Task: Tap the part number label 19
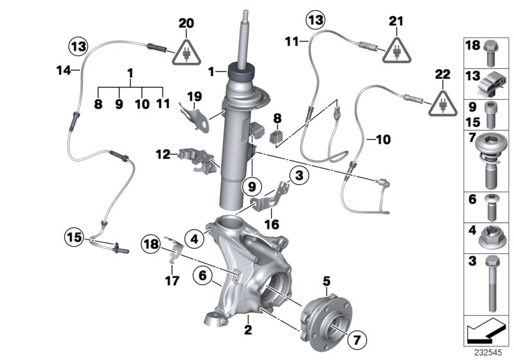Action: [194, 96]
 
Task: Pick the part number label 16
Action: [272, 224]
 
